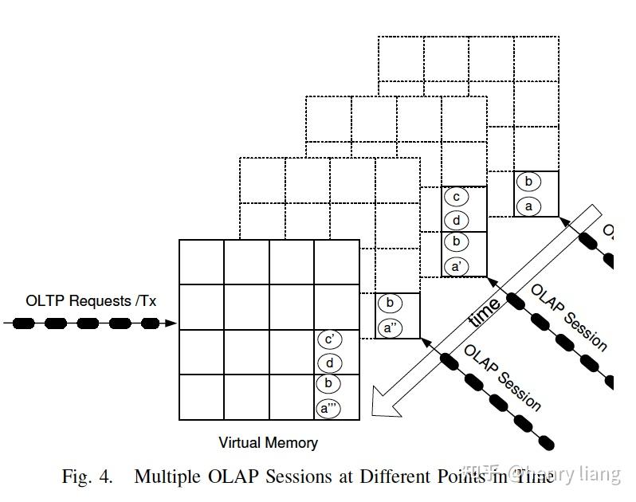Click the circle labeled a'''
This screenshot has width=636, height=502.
click(x=329, y=409)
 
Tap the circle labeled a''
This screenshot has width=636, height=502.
click(x=391, y=327)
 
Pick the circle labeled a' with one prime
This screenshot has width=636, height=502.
click(x=456, y=265)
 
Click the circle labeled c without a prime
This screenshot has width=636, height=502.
click(x=456, y=197)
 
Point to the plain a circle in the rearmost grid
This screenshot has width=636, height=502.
click(x=528, y=206)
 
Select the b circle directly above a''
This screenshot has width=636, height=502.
click(x=391, y=304)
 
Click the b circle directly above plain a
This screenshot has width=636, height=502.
click(x=528, y=182)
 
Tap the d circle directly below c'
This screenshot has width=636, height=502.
click(x=329, y=363)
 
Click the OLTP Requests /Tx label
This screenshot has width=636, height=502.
click(x=91, y=301)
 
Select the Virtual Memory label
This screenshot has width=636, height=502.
click(x=268, y=443)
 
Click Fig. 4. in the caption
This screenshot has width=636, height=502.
click(x=88, y=477)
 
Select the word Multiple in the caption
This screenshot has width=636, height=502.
click(x=164, y=477)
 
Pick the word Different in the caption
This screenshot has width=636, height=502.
click(x=395, y=477)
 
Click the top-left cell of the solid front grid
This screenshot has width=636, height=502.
click(x=201, y=262)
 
